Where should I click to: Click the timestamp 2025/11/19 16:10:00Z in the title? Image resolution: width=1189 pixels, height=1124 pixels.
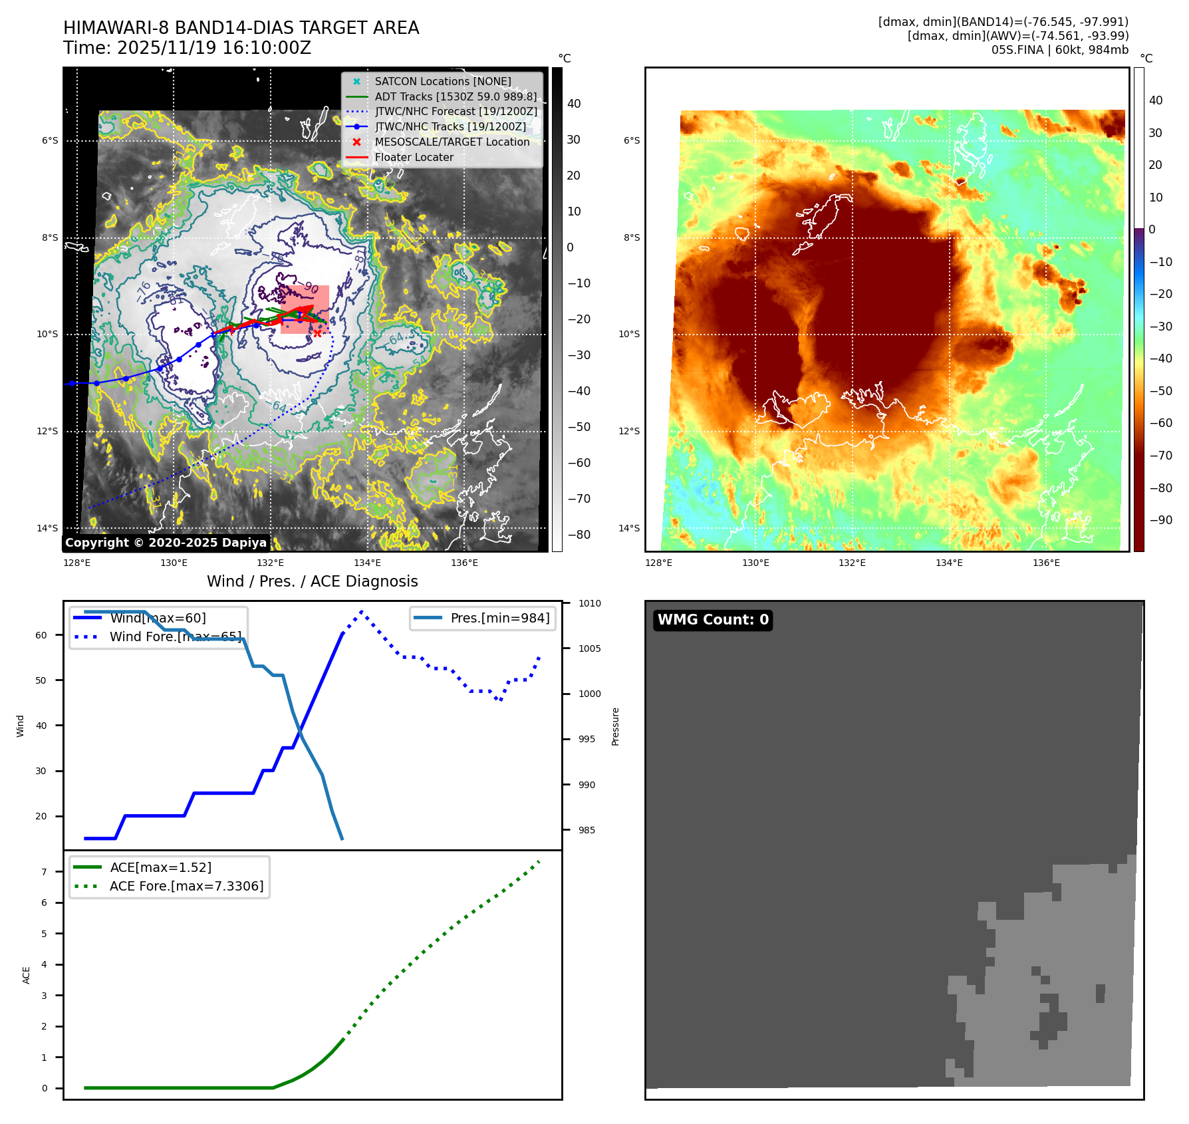point(213,49)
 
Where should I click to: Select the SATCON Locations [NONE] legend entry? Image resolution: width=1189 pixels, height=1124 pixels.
point(442,81)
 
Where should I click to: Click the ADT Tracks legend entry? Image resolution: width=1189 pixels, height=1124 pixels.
point(455,96)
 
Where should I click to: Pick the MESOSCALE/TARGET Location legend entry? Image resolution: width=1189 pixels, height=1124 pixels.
point(452,142)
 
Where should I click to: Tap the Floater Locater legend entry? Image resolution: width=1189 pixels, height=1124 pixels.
point(414,157)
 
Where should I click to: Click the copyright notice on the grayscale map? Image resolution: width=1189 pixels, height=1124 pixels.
point(166,543)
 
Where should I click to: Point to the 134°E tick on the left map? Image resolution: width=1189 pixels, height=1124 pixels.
point(368,563)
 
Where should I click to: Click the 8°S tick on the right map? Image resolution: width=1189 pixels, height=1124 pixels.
point(632,237)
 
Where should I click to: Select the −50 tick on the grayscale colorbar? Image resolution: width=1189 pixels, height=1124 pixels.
point(579,427)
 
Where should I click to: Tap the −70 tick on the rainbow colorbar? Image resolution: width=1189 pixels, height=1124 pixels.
point(1161,456)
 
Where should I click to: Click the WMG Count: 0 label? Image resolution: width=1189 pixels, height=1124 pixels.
point(713,620)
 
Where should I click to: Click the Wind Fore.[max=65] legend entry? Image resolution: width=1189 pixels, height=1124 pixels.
point(175,636)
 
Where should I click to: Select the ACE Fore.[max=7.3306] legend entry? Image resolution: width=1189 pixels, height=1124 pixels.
point(186,886)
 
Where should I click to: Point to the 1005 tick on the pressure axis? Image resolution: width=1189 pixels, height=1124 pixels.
point(589,648)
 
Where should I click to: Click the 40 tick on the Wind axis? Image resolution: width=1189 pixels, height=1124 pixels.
point(41,726)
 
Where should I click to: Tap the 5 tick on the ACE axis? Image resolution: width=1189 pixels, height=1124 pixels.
point(45,934)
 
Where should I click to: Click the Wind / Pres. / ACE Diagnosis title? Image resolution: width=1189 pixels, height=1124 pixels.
point(312,581)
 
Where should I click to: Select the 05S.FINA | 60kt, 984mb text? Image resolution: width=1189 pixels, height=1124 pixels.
point(1059,50)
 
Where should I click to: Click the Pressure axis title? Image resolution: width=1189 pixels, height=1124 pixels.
point(615,726)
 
